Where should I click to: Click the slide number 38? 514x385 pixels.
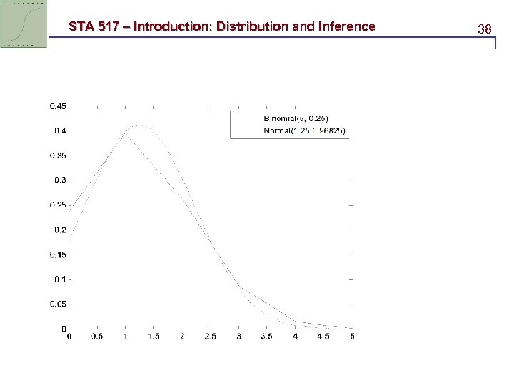[485, 29]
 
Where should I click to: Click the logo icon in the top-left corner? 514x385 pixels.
[24, 24]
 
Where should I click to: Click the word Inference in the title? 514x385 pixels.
[344, 27]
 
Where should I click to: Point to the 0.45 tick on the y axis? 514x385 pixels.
[58, 106]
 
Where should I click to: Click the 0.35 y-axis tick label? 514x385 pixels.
[58, 155]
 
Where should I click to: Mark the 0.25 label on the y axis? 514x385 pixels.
[58, 205]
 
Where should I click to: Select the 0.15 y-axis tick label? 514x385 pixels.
[58, 255]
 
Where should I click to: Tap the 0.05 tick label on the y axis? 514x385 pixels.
[58, 304]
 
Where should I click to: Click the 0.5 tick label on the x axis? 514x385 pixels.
[96, 336]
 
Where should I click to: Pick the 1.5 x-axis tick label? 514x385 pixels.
[153, 336]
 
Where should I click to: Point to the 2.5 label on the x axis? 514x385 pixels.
[211, 336]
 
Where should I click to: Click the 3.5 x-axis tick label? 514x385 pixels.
[267, 336]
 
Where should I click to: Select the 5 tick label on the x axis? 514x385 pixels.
[352, 336]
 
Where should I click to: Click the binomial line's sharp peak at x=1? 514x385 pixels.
[126, 133]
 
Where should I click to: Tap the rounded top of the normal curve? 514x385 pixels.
[141, 126]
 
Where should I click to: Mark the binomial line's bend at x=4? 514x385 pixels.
[296, 322]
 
